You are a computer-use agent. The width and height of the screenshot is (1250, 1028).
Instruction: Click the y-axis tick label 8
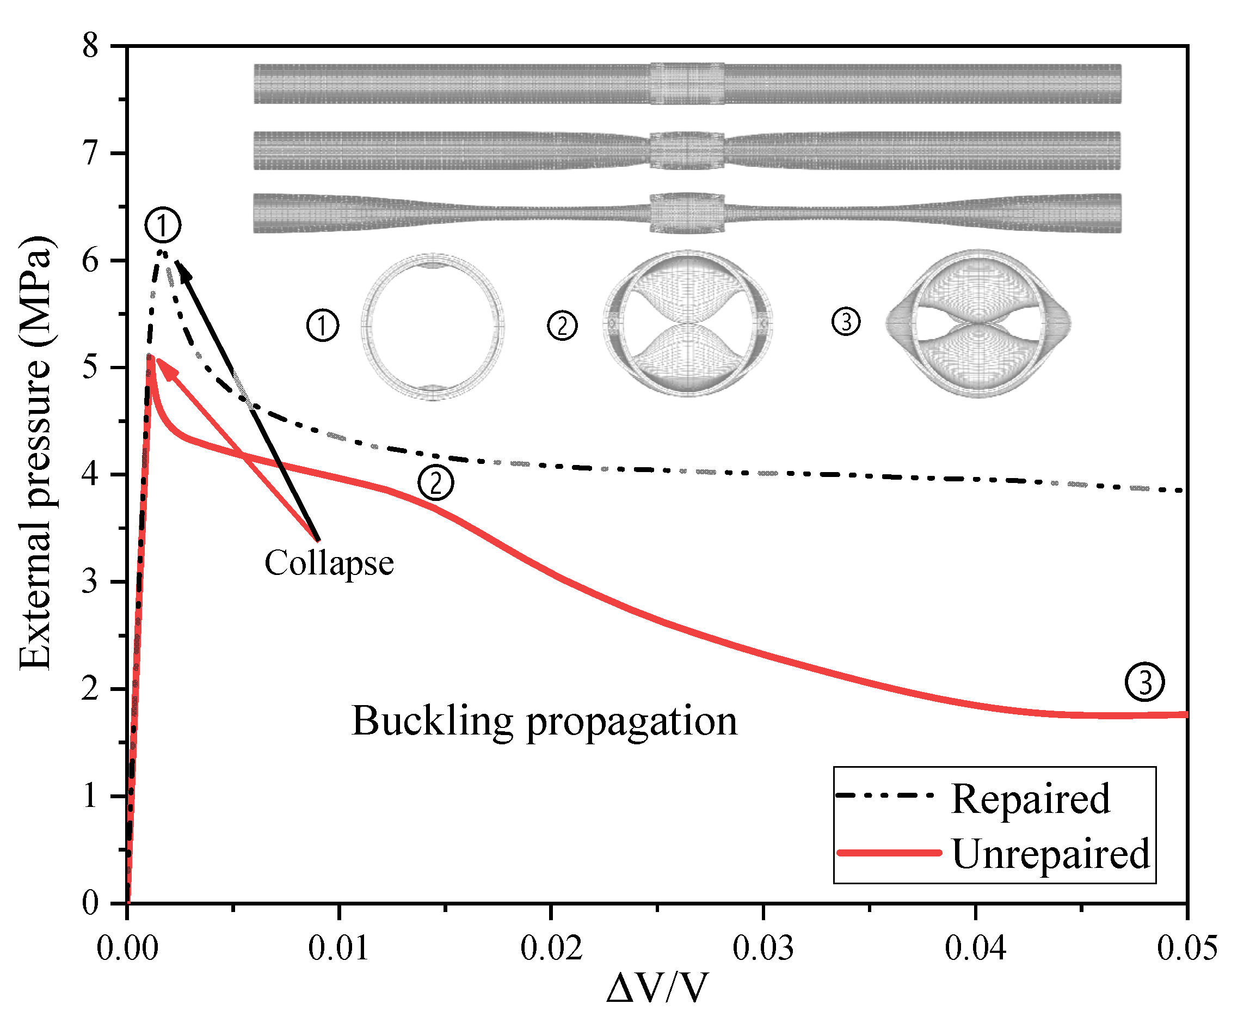(90, 46)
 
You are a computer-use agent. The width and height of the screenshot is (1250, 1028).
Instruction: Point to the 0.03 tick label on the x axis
(763, 948)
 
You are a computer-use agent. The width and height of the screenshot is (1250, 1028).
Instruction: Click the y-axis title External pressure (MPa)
(35, 453)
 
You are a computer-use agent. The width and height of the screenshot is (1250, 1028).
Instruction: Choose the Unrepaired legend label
(1050, 854)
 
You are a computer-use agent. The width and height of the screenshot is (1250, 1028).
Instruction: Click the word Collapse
(329, 562)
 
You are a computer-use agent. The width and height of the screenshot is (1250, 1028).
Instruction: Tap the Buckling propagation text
(545, 721)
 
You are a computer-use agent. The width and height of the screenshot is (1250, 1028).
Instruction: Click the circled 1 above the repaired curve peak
(163, 225)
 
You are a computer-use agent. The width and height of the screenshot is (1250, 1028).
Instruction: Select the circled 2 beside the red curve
(435, 482)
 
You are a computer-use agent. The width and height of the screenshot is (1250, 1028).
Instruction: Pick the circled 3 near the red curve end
(1144, 682)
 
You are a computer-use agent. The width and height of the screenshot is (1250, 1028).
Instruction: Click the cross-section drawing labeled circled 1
(433, 326)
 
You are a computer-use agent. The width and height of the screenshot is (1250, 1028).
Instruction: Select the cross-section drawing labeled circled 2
(688, 323)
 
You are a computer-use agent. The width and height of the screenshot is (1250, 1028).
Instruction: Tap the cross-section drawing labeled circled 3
(978, 323)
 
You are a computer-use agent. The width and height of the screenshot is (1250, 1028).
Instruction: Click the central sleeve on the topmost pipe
(687, 83)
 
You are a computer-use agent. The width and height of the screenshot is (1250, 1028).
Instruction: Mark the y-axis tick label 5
(90, 367)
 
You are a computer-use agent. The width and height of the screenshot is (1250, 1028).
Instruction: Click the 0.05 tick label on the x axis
(1187, 948)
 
